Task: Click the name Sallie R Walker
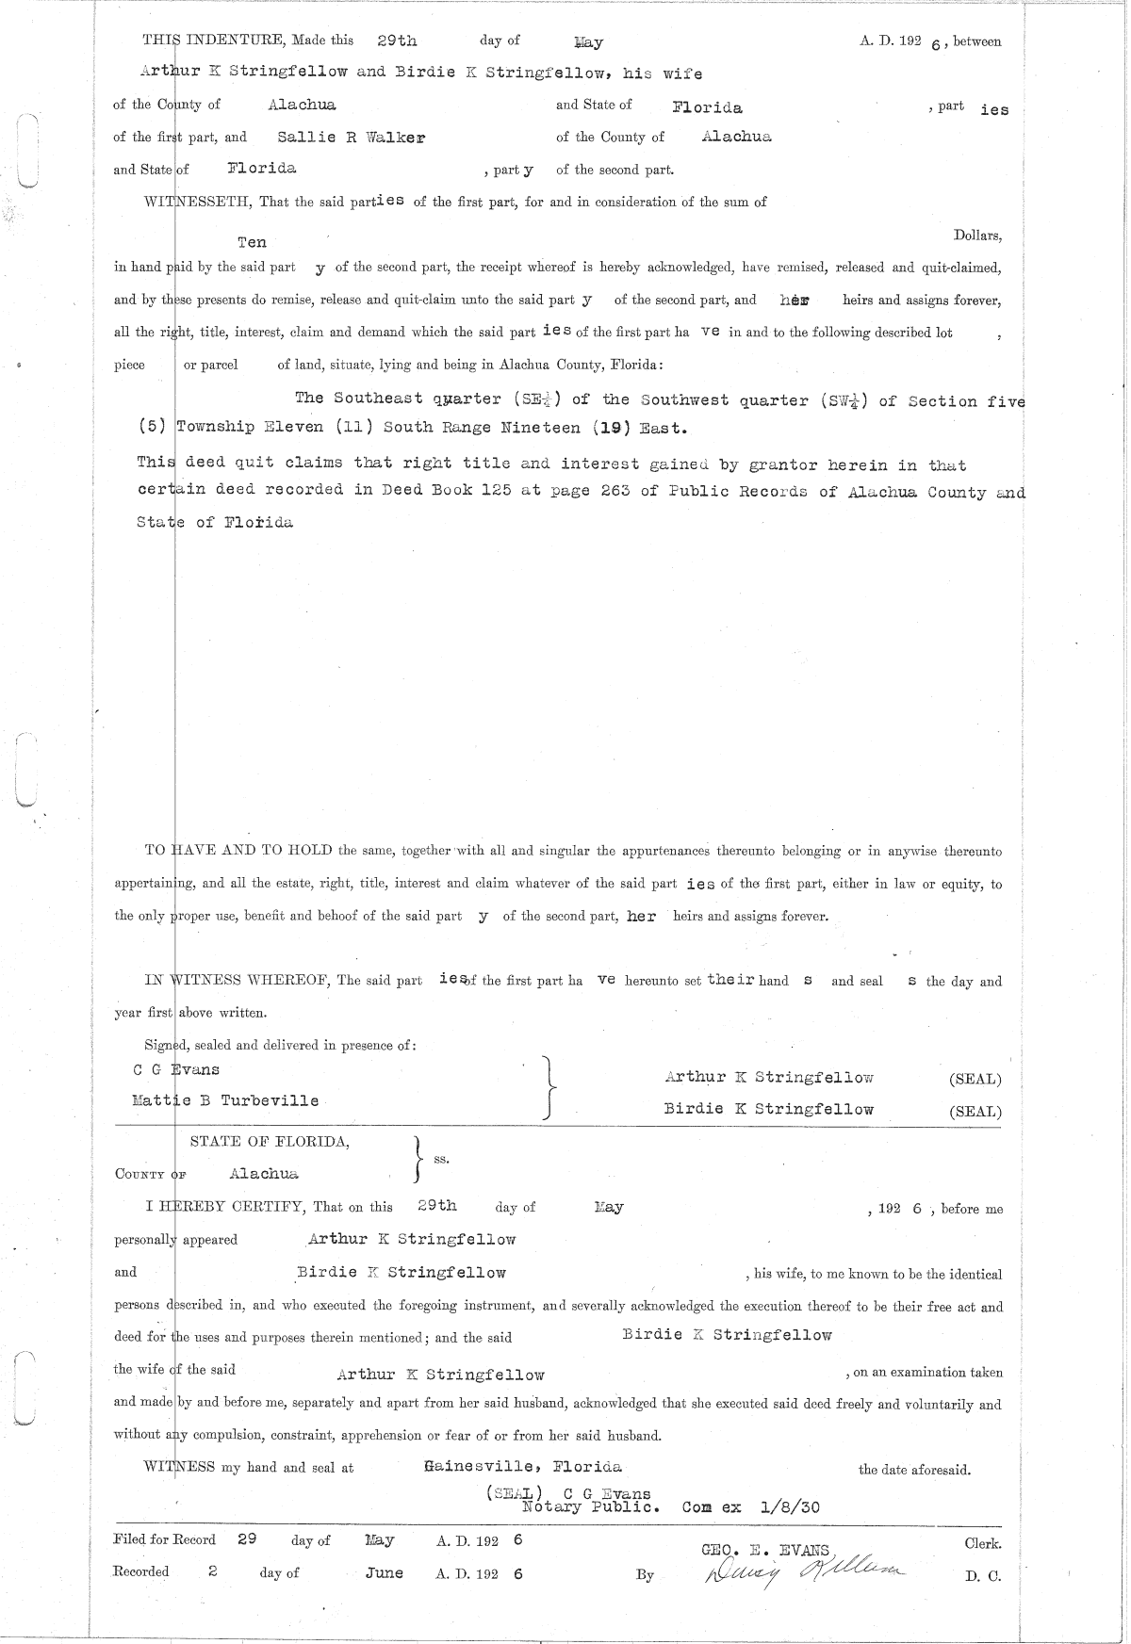click(x=351, y=137)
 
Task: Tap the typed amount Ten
click(x=252, y=242)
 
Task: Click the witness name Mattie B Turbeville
click(x=225, y=1100)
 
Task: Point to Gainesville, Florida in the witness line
click(x=522, y=1467)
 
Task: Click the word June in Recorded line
click(x=384, y=1572)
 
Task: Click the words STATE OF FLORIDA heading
click(x=270, y=1142)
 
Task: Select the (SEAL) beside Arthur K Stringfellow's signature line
click(x=975, y=1080)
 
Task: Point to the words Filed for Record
click(x=164, y=1540)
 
